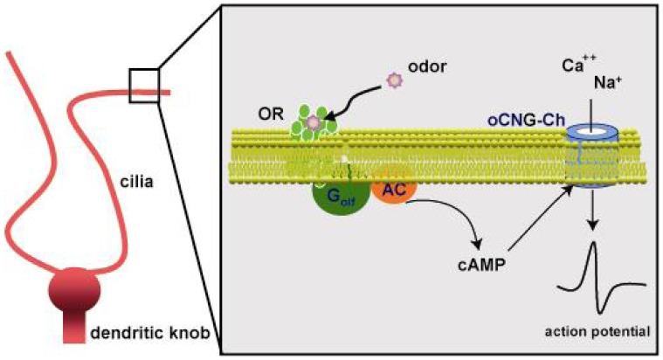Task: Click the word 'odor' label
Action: pyautogui.click(x=429, y=66)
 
